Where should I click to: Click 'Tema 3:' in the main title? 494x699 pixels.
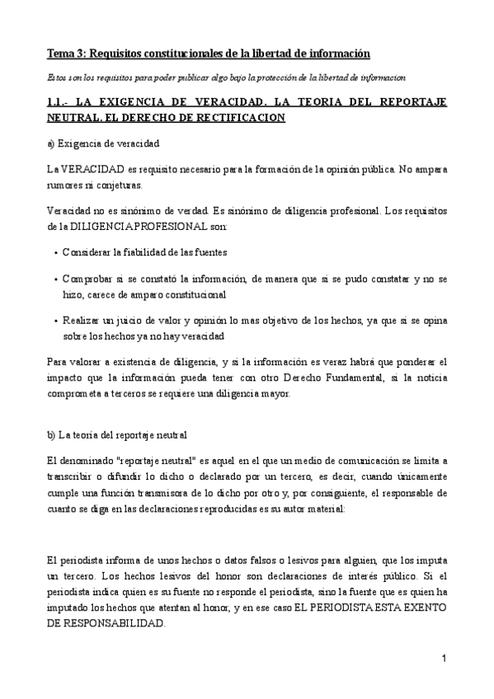[66, 54]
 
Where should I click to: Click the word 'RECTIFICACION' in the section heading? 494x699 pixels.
[243, 118]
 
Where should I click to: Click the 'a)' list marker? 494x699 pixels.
[51, 143]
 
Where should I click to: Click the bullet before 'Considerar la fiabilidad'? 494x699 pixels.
[54, 252]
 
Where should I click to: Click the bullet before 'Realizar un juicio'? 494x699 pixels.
[54, 321]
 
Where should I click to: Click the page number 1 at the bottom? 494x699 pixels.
[444, 660]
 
